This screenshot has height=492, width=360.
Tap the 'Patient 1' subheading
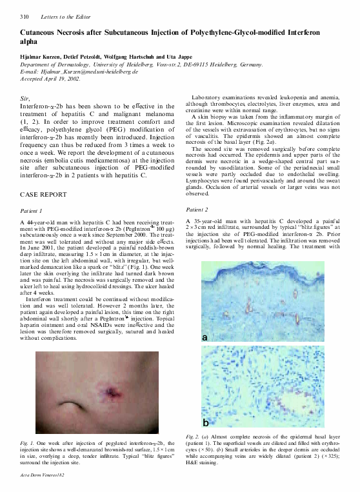click(x=32, y=211)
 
